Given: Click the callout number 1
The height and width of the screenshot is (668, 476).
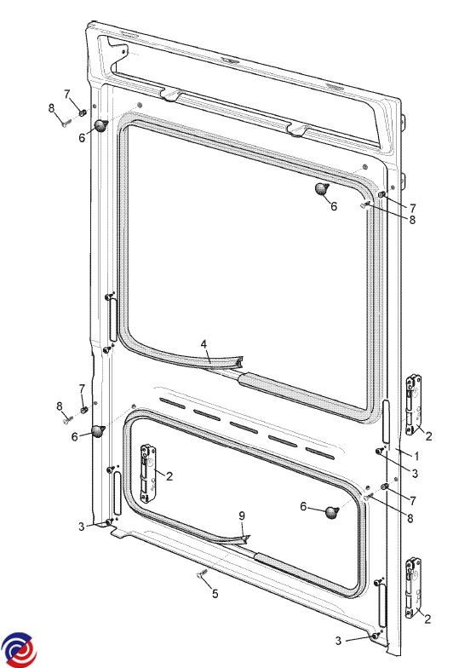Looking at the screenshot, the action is coord(416,457).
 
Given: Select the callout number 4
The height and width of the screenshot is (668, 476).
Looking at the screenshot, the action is coord(204,344).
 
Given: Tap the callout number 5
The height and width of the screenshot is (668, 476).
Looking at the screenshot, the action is coord(215,593).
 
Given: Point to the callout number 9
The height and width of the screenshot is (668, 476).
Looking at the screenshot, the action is coord(242,516).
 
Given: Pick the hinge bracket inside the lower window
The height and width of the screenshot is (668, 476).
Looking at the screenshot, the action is coord(148,474).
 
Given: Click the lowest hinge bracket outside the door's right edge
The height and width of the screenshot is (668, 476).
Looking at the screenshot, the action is coord(414,588).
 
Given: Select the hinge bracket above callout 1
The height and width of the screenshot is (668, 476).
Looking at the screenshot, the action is coord(414,405).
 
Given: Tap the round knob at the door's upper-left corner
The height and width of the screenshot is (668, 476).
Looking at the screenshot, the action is coord(100,126).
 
